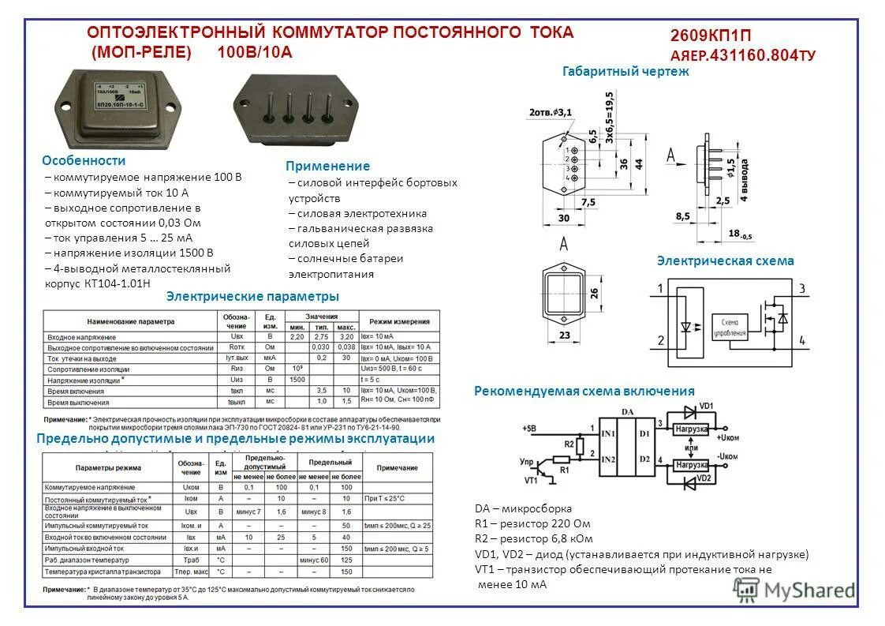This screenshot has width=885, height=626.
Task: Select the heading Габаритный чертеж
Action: coord(625,71)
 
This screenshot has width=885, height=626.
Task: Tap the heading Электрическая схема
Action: coord(725,261)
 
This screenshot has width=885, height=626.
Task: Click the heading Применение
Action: coord(327,167)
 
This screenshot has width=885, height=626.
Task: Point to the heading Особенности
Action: coord(84,160)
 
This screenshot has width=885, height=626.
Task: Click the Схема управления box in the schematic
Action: coord(730,327)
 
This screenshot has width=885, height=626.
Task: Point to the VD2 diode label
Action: coord(704,478)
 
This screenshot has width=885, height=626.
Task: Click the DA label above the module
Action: coord(628,411)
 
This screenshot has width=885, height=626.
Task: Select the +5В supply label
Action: coord(530,429)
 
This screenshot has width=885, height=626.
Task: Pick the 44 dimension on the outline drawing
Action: coord(640,163)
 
